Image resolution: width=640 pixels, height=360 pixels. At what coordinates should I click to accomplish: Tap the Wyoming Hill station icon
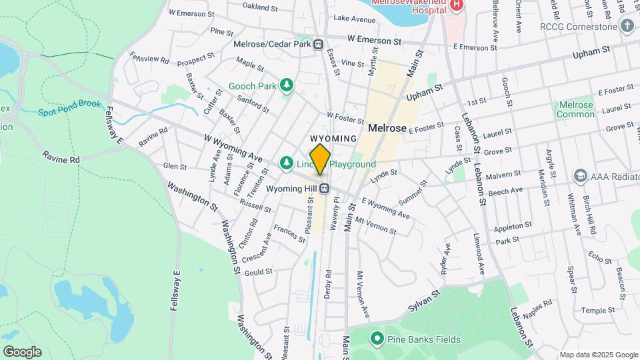[x=325, y=189]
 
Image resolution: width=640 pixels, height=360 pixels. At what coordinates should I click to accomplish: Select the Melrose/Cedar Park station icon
[x=319, y=45]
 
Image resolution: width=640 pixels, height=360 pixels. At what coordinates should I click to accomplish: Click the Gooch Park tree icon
[x=287, y=85]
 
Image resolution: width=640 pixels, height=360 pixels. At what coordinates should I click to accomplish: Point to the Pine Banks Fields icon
[x=375, y=339]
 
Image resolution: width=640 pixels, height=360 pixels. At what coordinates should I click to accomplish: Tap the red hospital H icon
[x=457, y=5]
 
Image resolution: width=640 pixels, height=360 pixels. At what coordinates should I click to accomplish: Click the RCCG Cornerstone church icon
[x=626, y=25]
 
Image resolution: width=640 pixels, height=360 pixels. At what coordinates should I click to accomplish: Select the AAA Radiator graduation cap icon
[x=579, y=175]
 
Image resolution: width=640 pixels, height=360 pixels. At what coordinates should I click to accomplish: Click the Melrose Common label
[x=576, y=109]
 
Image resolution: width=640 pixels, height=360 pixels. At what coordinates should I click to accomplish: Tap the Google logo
[x=22, y=351]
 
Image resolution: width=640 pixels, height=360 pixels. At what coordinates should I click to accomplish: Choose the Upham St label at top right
[x=592, y=53]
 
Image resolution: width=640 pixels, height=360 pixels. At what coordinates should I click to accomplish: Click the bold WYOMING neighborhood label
[x=333, y=139]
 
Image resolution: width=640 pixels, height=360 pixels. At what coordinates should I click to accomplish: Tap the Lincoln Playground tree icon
[x=287, y=163]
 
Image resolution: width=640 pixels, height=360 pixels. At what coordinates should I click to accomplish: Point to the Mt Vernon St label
[x=375, y=225]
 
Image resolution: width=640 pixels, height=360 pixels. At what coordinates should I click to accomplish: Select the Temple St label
[x=597, y=311]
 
